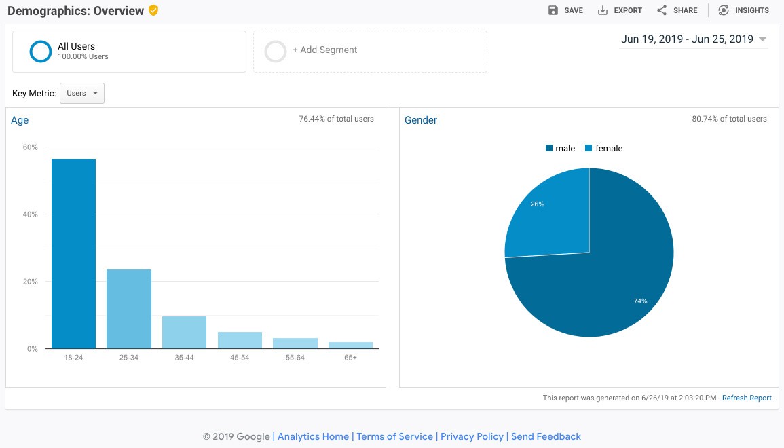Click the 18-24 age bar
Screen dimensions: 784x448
tap(73, 253)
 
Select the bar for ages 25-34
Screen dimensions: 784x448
tap(129, 309)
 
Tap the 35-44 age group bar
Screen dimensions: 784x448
tap(184, 333)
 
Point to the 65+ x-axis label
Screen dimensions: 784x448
tap(350, 358)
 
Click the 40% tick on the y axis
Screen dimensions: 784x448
tap(30, 214)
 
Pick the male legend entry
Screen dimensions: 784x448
tap(560, 149)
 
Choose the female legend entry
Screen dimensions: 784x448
tap(603, 149)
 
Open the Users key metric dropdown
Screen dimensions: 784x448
tap(82, 94)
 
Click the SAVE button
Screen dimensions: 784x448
tap(565, 10)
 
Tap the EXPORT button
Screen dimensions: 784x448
tap(620, 10)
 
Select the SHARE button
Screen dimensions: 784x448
tap(677, 10)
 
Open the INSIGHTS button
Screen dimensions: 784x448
tap(743, 10)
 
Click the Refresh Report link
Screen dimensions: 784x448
tap(747, 398)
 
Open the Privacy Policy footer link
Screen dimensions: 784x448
tap(472, 436)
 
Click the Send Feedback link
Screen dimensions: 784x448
tap(546, 436)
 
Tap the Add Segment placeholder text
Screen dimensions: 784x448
tap(325, 50)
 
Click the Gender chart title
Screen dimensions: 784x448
tap(420, 120)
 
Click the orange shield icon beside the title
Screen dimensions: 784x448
tap(153, 10)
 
